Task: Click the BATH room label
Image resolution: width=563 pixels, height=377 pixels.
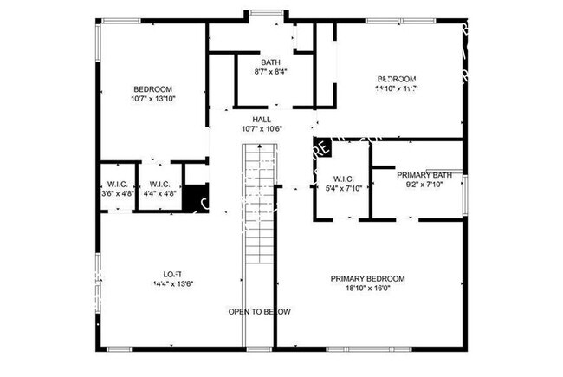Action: click(x=271, y=62)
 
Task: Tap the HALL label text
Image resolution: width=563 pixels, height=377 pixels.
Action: click(x=262, y=119)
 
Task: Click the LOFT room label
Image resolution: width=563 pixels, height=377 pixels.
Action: click(x=172, y=273)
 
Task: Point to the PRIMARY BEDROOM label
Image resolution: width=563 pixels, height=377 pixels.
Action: click(x=367, y=278)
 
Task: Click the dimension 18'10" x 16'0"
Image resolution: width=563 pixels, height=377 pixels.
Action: click(x=367, y=289)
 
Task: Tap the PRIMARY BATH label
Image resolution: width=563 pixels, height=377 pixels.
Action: click(x=424, y=175)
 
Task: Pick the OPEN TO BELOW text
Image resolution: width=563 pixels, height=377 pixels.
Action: click(x=259, y=311)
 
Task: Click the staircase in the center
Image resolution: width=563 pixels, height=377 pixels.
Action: click(x=257, y=208)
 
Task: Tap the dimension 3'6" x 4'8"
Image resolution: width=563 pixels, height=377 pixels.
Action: click(x=117, y=194)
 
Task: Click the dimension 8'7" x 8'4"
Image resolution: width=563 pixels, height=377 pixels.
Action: click(x=271, y=72)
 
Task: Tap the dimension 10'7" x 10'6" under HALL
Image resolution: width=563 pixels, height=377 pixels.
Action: click(x=262, y=129)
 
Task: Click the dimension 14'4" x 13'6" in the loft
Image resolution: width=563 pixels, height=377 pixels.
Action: click(x=172, y=283)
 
